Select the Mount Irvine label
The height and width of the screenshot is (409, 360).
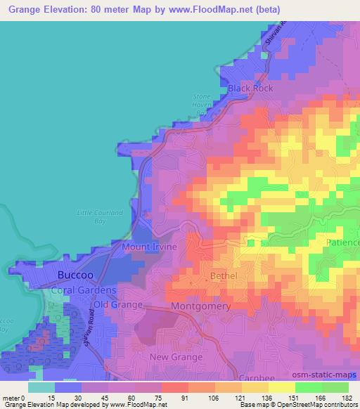click(x=154, y=247)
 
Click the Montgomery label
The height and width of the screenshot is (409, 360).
click(x=202, y=307)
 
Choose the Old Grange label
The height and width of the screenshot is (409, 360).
click(x=119, y=304)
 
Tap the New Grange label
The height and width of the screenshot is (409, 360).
click(x=176, y=357)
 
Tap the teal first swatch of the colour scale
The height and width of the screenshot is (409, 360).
click(x=41, y=387)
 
